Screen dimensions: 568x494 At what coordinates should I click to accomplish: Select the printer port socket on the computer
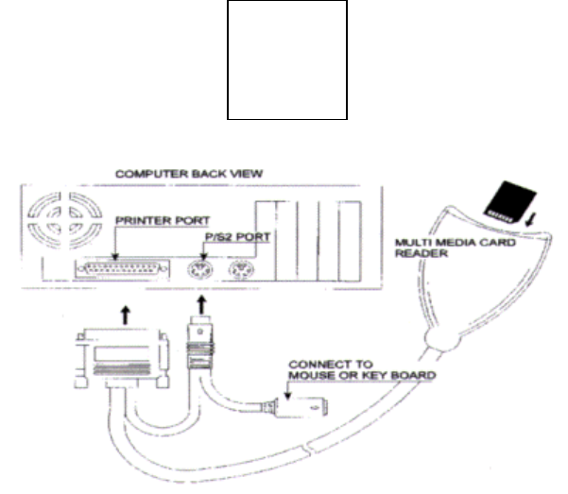(128, 272)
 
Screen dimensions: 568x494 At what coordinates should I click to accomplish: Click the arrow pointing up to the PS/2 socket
(201, 305)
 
